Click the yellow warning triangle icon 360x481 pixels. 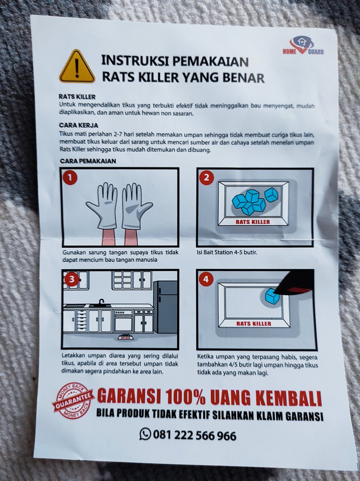(77, 67)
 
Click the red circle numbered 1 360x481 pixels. (70, 178)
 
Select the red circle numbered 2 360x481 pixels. (206, 178)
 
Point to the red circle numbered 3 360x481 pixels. (72, 279)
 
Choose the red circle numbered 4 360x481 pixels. (206, 280)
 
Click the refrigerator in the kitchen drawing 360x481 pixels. (165, 307)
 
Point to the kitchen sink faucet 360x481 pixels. (101, 302)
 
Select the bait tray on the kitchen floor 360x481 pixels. (126, 337)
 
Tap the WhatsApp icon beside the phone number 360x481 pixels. (145, 433)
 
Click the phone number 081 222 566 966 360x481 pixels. (194, 435)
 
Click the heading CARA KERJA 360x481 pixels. (79, 125)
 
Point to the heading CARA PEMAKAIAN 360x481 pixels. (88, 161)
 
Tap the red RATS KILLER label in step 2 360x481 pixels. (253, 222)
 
